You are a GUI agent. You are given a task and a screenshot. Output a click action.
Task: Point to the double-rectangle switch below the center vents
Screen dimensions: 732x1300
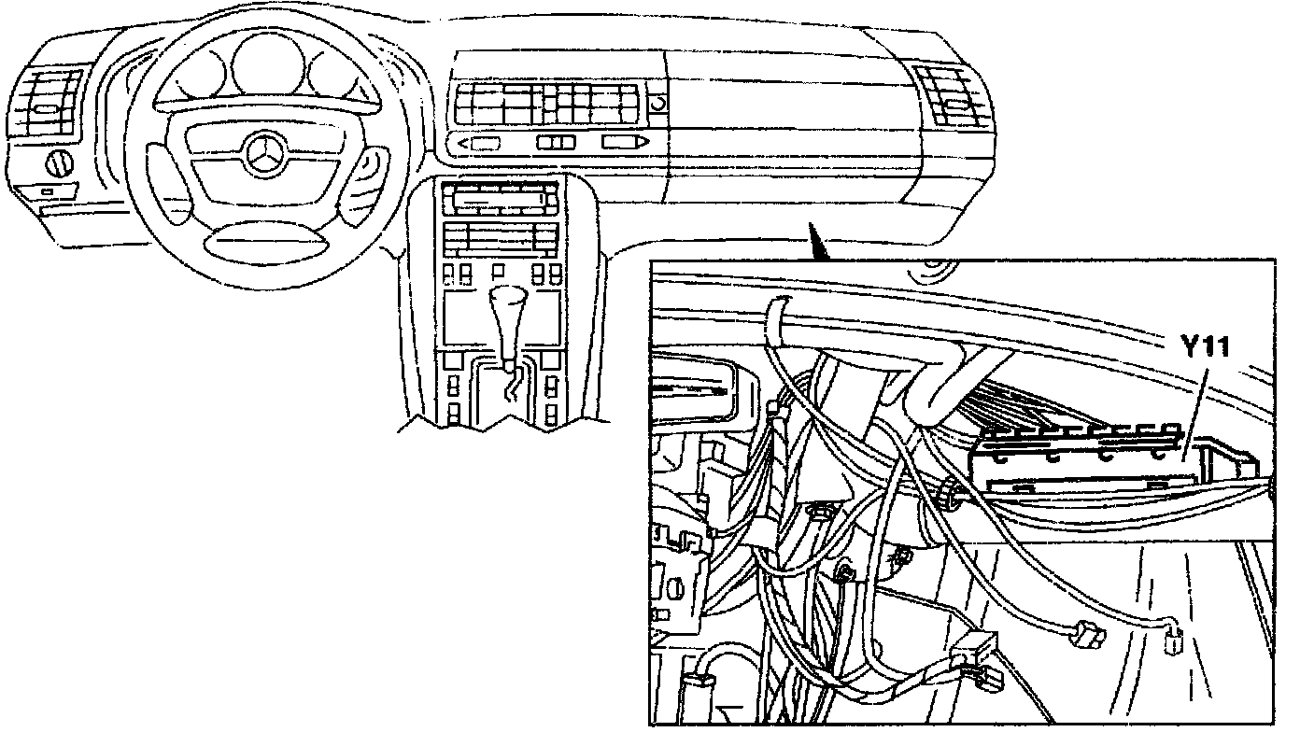(556, 142)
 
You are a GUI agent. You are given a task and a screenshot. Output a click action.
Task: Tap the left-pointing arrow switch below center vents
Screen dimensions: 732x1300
(481, 143)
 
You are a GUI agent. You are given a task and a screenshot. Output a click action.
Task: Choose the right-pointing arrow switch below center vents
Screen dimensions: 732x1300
(623, 142)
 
